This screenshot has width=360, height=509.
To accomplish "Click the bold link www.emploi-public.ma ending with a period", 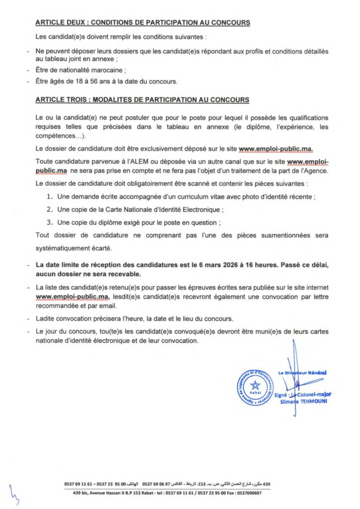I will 276,148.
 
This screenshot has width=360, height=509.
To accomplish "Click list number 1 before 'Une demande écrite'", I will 49,197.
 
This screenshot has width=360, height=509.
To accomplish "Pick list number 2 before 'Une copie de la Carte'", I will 49,209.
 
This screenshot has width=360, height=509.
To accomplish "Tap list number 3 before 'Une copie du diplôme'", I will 49,222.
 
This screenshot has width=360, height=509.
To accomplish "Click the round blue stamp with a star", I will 255,387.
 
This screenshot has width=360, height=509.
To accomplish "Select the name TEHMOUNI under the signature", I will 313,401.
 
